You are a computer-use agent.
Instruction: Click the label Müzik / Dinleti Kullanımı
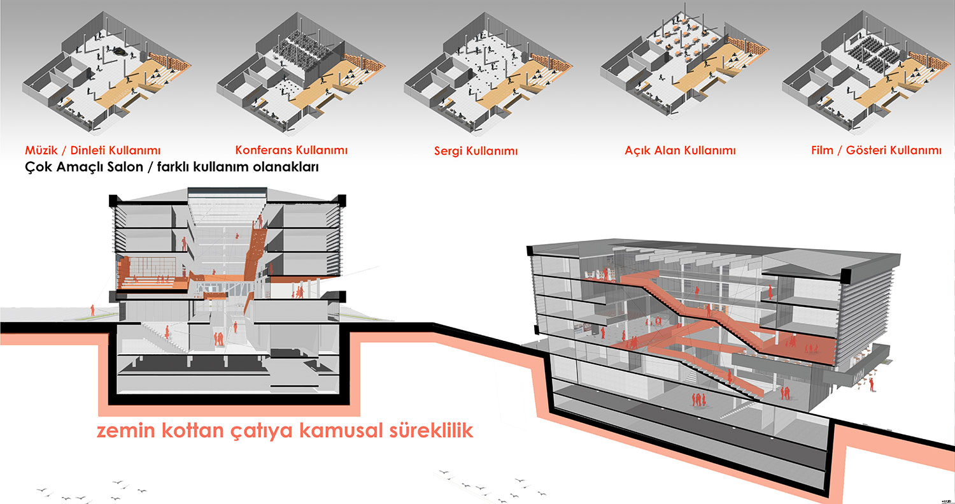click(x=92, y=150)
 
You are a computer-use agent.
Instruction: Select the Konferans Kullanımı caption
click(x=291, y=150)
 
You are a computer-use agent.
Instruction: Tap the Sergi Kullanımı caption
click(x=476, y=150)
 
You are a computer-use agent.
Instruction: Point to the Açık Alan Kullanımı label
click(x=680, y=150)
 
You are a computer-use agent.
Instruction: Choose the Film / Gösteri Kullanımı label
click(x=876, y=150)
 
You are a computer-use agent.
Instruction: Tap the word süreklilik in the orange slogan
click(x=430, y=430)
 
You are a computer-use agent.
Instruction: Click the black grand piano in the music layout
click(x=120, y=52)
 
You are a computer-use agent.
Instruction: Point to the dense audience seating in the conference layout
click(x=301, y=47)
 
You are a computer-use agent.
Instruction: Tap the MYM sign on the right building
click(x=860, y=380)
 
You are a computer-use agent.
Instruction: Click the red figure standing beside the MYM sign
click(x=871, y=384)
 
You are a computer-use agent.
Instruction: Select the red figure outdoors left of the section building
click(x=92, y=310)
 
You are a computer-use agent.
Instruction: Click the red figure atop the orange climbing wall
click(x=260, y=222)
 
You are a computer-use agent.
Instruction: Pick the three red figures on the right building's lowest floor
click(x=698, y=400)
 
